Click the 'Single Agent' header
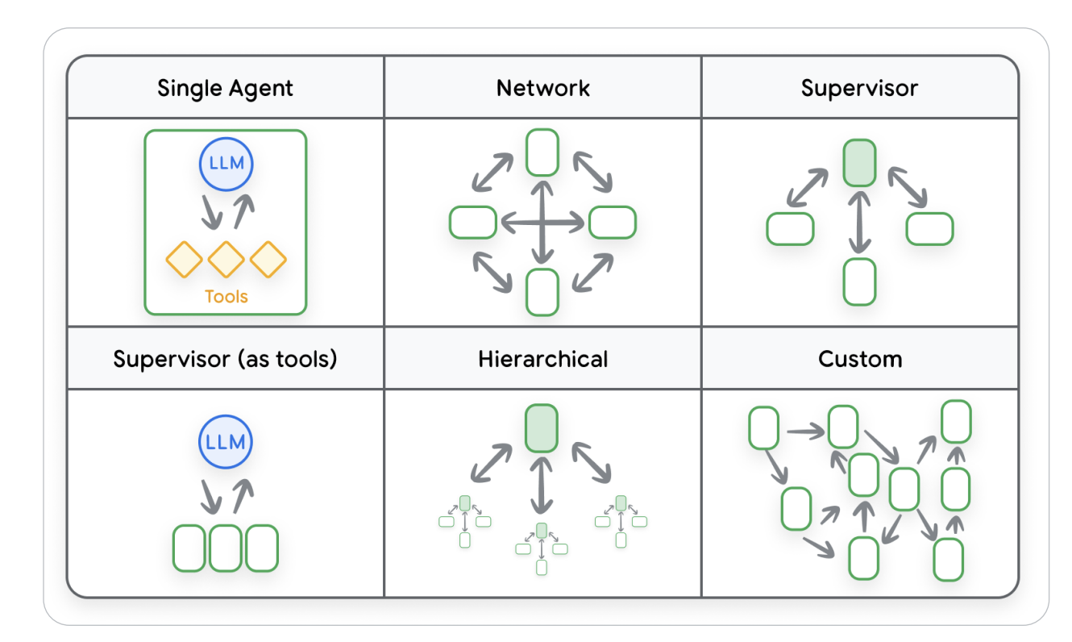[x=225, y=88]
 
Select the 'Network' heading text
[x=542, y=88]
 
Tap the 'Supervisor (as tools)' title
[x=225, y=358]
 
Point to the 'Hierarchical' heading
[x=542, y=358]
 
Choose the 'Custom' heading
[x=860, y=358]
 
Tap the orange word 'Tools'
[x=226, y=296]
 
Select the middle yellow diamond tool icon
[x=226, y=259]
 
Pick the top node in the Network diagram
[x=542, y=152]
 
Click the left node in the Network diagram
[x=473, y=223]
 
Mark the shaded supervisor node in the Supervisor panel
[x=859, y=163]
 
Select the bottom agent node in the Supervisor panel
[x=859, y=281]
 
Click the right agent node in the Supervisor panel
[x=929, y=229]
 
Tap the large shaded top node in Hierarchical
[x=542, y=427]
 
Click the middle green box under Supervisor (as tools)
[x=226, y=548]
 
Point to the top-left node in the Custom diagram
[x=763, y=428]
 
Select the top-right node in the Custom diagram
[x=956, y=421]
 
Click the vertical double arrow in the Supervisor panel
[x=859, y=223]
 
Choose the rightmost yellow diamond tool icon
[x=268, y=259]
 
